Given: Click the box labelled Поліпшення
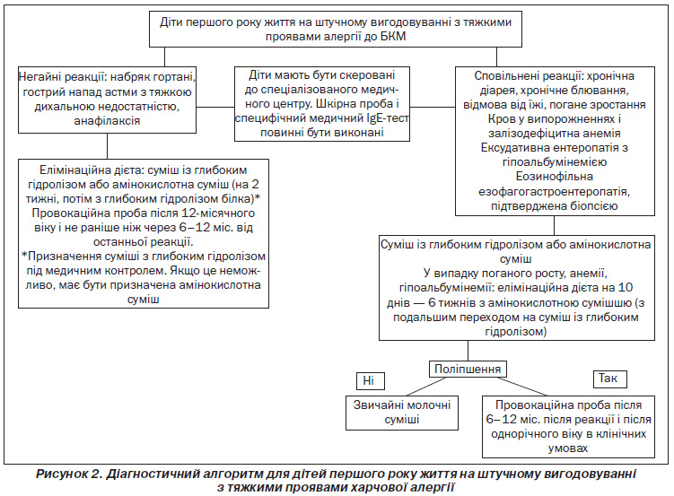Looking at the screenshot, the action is (x=468, y=369).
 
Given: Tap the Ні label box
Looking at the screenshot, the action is (x=371, y=380).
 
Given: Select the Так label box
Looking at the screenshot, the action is (x=609, y=379).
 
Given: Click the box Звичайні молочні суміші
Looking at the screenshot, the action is (x=402, y=413).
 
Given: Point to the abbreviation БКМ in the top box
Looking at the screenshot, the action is (x=393, y=36).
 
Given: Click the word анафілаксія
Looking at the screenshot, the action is (x=107, y=121).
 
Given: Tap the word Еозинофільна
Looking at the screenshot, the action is (x=555, y=177).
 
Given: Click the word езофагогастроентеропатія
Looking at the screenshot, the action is (x=555, y=191).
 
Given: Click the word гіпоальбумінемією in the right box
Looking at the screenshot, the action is (x=555, y=162).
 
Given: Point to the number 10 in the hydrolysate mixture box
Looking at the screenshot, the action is (x=626, y=287).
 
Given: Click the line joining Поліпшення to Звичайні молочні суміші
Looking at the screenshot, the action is (x=426, y=387).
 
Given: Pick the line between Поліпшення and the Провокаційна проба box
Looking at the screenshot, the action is (x=523, y=387).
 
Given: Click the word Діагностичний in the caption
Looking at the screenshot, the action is (x=143, y=474).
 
